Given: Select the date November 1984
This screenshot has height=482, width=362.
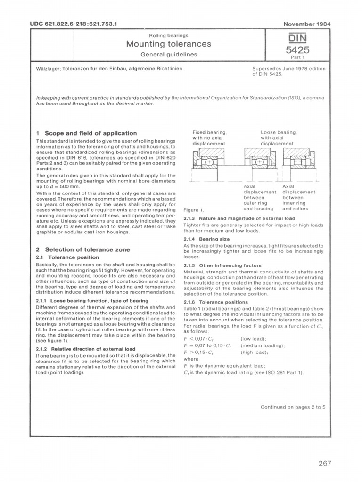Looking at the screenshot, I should point(305,23).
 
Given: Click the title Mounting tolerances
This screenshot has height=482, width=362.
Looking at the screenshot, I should point(168,45).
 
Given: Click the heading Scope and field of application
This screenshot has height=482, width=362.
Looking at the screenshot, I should point(86,133).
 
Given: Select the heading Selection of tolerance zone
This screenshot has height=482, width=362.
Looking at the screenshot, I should point(83,249).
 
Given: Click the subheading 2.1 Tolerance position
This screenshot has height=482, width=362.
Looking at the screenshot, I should point(67,257).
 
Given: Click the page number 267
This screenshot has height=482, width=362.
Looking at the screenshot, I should point(325,463).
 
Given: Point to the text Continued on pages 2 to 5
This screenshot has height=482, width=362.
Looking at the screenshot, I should point(293,408).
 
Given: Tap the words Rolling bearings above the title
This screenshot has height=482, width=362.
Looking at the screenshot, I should point(168,35).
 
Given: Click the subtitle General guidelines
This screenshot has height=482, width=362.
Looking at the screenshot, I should point(168,55).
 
